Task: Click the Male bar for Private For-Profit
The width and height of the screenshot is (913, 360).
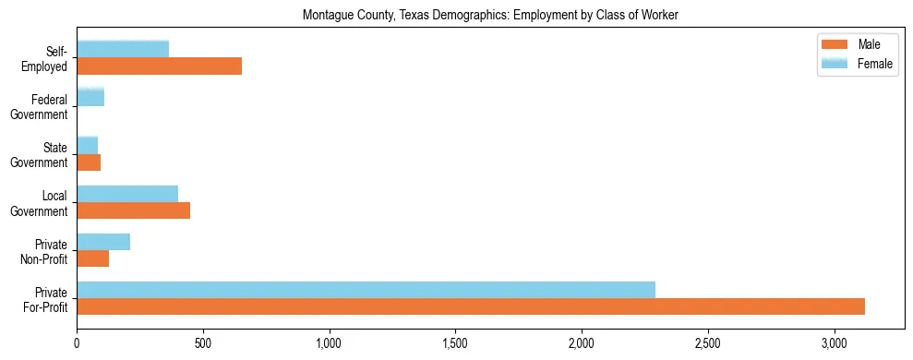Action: point(471,306)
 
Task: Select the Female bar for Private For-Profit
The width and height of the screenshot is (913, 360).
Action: point(366,290)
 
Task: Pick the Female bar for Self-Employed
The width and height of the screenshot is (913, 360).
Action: point(123,49)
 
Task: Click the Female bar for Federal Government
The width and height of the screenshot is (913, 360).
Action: point(90,97)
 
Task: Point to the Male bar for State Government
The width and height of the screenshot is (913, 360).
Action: point(89,162)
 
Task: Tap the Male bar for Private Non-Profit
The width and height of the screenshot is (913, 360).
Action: point(92,258)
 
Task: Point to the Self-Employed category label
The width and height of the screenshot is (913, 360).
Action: point(45,58)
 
